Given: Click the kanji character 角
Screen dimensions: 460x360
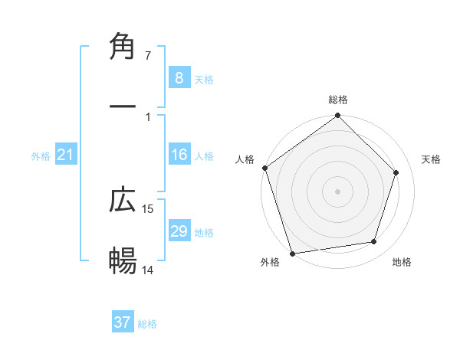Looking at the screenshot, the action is pos(123,47).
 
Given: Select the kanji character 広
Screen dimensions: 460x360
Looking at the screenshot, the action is pos(123,200).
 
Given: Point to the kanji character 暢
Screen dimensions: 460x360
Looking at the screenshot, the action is pos(123,261).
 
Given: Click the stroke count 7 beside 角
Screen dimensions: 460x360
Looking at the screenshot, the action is pos(148,56).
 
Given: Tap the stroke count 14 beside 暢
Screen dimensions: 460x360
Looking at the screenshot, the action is pos(149,270).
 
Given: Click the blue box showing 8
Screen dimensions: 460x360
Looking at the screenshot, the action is pos(179,77).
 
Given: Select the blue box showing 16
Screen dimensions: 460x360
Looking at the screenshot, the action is pos(179,155).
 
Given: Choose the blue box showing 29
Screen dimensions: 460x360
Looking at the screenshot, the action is pos(179,231).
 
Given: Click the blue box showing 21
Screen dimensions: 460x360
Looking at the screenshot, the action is pos(66,155).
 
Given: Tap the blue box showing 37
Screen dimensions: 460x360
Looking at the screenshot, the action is pos(123,322).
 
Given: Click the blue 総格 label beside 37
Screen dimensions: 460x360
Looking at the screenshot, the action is pos(147,324).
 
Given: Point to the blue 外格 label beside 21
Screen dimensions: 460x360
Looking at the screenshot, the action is pos(41,156).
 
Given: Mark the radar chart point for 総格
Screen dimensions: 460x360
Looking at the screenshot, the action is pos(337,116).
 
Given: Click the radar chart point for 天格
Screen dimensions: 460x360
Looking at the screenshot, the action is pos(396,172).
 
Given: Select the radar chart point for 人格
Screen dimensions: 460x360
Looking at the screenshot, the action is pos(265,168).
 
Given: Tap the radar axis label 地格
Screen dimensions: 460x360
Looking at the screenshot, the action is pos(402,263).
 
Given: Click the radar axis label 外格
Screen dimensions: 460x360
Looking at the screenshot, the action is pos(270,263).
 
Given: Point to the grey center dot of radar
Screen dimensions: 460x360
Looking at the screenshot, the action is pos(337,191).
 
